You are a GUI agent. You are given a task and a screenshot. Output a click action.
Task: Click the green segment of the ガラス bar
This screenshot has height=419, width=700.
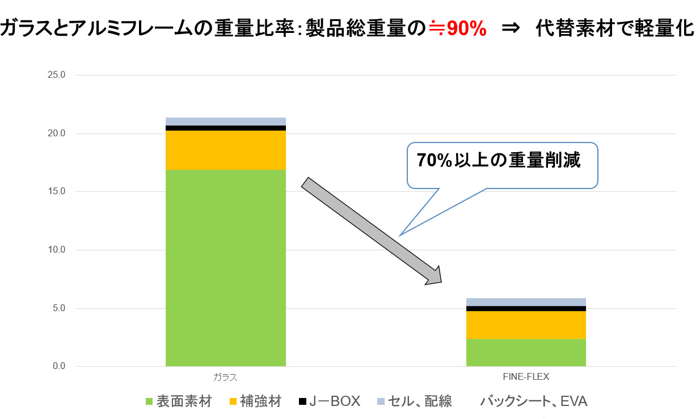225,267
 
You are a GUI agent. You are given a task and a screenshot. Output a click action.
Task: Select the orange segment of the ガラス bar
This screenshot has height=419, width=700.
225,150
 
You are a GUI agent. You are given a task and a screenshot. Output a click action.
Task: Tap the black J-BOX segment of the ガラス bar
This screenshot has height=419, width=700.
225,128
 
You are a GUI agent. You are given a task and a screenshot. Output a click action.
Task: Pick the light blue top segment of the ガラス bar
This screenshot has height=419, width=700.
225,121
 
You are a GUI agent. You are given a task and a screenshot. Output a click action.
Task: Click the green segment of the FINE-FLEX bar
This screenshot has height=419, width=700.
525,353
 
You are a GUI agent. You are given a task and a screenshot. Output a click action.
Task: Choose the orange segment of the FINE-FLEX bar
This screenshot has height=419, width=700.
525,325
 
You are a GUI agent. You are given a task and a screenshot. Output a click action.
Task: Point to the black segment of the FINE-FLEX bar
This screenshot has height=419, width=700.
525,309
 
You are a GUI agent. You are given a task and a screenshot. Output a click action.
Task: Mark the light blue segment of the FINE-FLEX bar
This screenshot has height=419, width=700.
525,302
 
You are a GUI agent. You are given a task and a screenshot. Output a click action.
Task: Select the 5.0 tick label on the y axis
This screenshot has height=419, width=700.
60,308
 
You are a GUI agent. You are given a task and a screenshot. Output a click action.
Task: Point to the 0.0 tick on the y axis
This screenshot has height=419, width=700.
60,367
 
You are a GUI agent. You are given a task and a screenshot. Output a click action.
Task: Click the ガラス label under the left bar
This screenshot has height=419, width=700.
225,377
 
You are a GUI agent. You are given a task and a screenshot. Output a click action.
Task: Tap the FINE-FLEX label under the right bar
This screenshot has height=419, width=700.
525,376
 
